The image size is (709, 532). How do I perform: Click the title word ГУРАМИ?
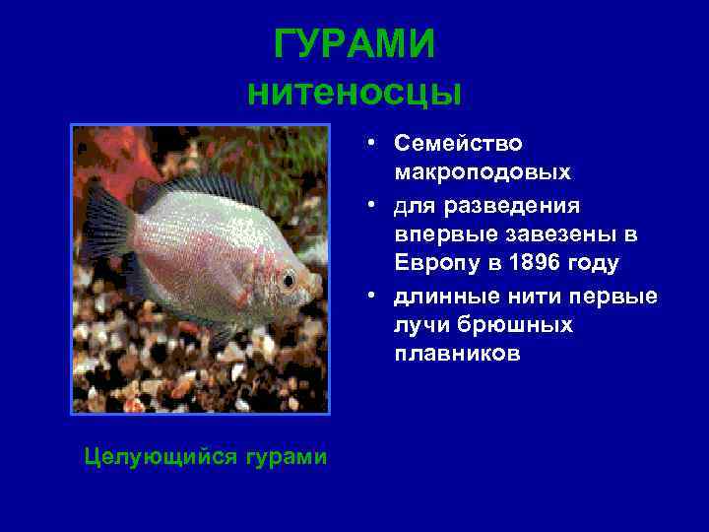coord(354,44)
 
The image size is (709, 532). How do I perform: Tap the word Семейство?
coord(458,143)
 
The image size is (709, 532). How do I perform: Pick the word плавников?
coord(457,353)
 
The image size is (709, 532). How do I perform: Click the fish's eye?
coord(288,281)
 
